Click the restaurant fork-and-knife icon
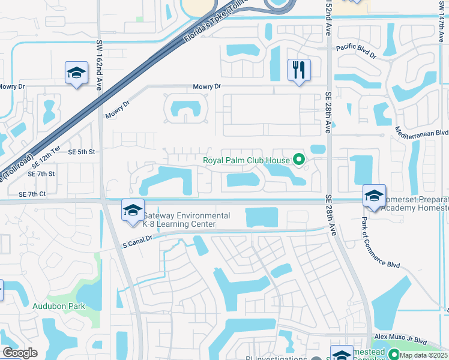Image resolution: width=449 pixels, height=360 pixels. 298,70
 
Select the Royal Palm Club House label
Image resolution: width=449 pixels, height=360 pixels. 246,160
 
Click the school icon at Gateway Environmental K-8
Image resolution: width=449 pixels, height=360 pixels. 133,211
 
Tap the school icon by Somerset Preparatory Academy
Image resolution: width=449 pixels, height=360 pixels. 374,196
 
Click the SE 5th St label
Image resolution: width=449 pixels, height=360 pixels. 82,152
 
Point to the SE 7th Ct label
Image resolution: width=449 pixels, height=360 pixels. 32,194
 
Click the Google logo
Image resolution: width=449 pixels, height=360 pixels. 20,353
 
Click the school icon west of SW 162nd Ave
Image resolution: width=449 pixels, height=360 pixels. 77,75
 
